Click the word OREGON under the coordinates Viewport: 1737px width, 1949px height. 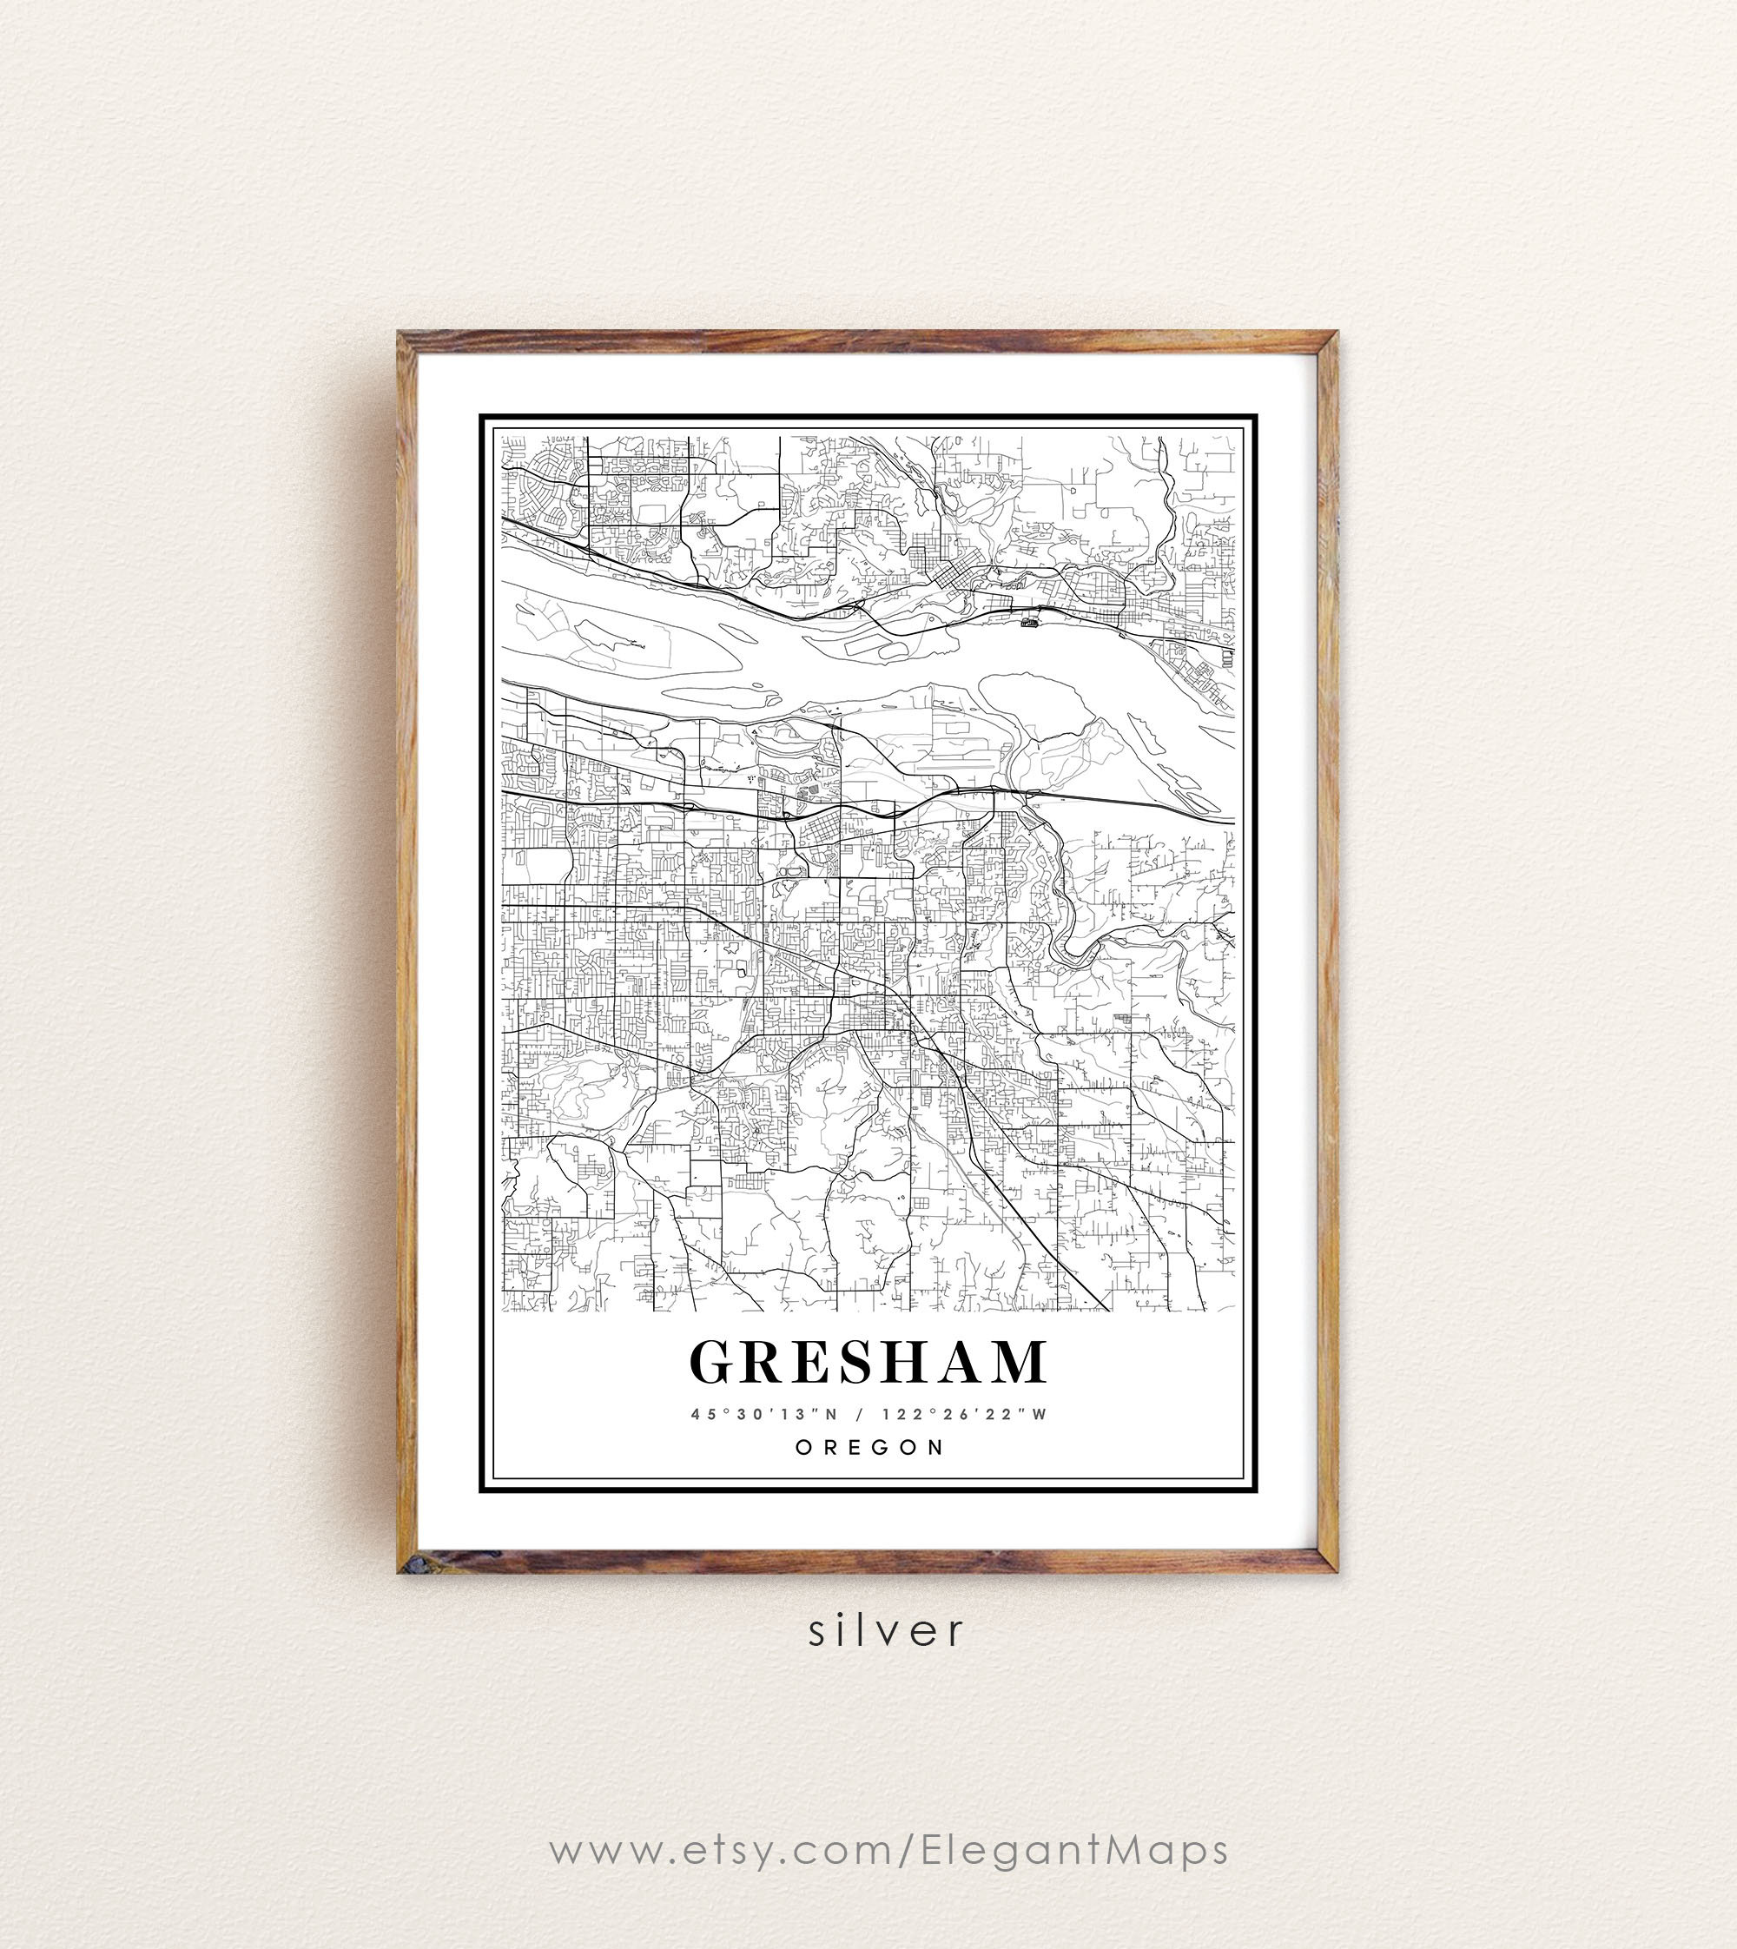click(x=869, y=1447)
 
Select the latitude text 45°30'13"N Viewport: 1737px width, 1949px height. click(x=763, y=1415)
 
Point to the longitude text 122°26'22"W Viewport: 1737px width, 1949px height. click(x=965, y=1415)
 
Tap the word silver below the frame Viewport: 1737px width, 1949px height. click(x=887, y=1631)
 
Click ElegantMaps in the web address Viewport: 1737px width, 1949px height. click(x=1073, y=1850)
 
